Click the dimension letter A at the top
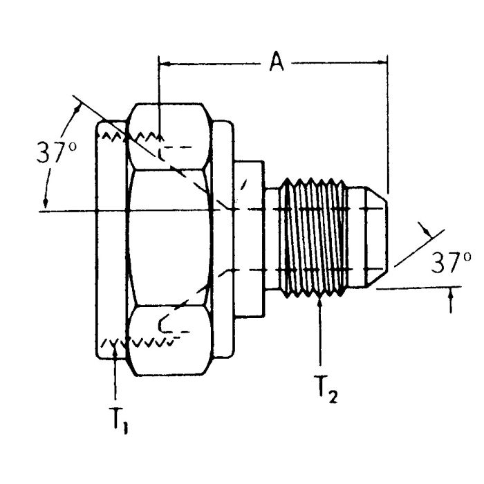click(x=277, y=63)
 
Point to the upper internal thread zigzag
click(x=131, y=136)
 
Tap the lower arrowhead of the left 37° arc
click(x=46, y=202)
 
